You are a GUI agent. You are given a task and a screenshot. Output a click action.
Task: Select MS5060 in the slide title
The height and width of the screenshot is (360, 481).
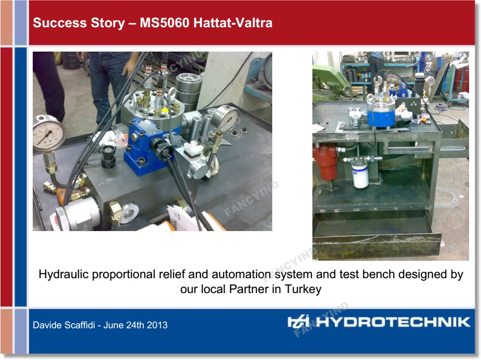[165, 23]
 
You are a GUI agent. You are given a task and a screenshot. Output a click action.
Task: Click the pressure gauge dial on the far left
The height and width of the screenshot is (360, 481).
[49, 134]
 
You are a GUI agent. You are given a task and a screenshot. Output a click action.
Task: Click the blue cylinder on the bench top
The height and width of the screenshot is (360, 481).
[381, 112]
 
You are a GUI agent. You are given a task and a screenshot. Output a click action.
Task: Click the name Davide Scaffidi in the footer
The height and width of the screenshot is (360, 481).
[64, 325]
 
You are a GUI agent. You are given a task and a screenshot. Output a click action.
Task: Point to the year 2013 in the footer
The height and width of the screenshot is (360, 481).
[157, 325]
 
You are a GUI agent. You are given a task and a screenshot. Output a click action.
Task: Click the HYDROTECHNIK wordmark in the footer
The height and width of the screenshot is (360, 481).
[393, 322]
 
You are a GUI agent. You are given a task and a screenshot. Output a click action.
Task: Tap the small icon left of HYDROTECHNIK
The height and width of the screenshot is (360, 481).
[298, 322]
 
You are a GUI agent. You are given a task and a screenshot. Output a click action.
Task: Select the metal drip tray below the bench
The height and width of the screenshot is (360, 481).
[377, 238]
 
